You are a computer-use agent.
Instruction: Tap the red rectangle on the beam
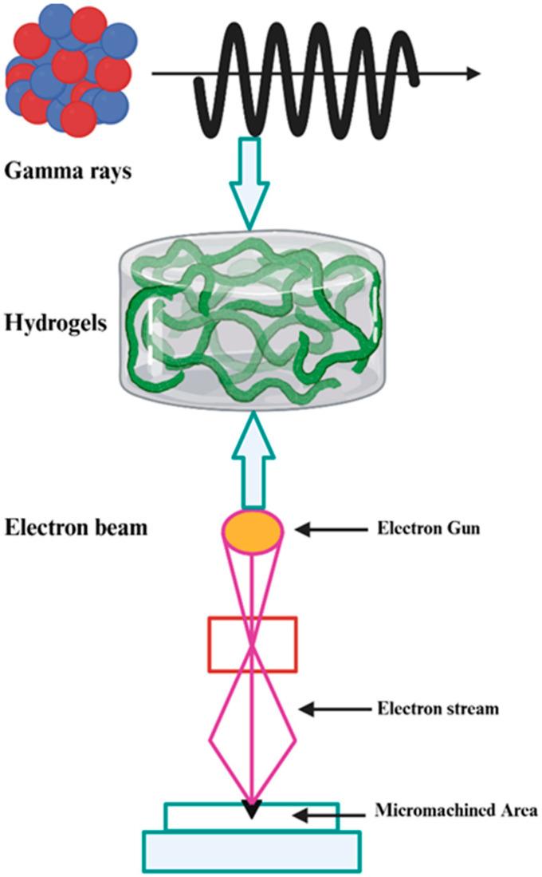253,643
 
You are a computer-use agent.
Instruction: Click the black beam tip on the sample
253,810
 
